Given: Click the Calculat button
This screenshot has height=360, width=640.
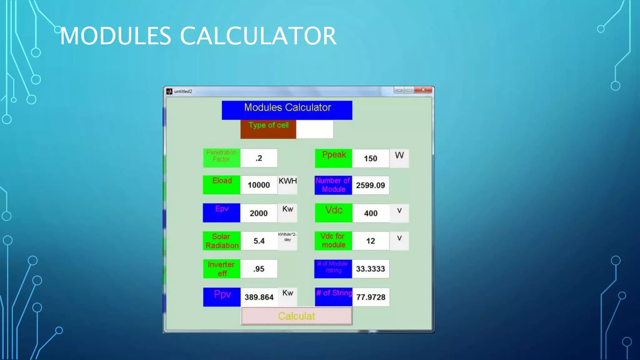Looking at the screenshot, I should (x=296, y=316).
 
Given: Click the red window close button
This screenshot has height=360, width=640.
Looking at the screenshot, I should (x=423, y=90).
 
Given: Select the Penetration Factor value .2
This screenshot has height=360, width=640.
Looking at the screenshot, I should (x=259, y=158).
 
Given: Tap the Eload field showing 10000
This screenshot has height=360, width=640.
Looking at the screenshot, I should (x=259, y=185).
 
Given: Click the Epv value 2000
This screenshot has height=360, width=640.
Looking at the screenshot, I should (x=259, y=213).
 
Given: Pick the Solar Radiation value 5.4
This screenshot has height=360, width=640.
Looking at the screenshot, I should (x=259, y=241).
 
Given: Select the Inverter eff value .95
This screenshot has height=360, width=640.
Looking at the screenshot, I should (x=259, y=269).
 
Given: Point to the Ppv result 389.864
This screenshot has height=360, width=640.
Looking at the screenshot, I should (x=259, y=297).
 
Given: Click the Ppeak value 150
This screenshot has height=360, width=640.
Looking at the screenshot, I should (x=371, y=158).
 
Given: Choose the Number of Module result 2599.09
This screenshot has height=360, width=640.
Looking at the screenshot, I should (x=371, y=185).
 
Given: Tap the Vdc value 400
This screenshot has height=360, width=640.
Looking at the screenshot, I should (x=371, y=213).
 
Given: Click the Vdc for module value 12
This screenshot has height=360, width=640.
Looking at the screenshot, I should (x=371, y=241).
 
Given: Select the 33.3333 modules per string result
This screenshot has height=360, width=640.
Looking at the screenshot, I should (x=371, y=269).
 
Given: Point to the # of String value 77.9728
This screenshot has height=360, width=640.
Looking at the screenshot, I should (x=371, y=297).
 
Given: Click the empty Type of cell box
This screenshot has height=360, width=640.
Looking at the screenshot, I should (x=314, y=129).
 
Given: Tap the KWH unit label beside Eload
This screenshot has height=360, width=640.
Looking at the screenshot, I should (x=287, y=181).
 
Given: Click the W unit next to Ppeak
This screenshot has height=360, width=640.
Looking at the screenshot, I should (x=399, y=156).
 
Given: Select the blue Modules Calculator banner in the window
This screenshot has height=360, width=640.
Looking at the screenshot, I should (x=287, y=110).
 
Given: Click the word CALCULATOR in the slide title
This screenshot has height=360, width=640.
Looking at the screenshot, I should (x=258, y=36).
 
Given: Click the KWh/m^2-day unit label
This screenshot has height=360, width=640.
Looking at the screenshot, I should (x=287, y=237).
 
